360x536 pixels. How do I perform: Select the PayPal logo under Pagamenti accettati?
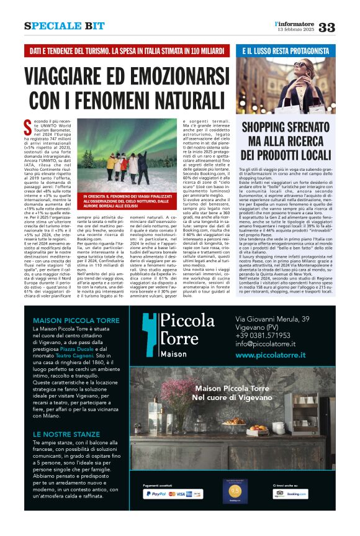(x=155, y=494)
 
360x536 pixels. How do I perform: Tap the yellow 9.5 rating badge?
(x=233, y=491)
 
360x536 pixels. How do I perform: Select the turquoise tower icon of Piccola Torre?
(x=150, y=334)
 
